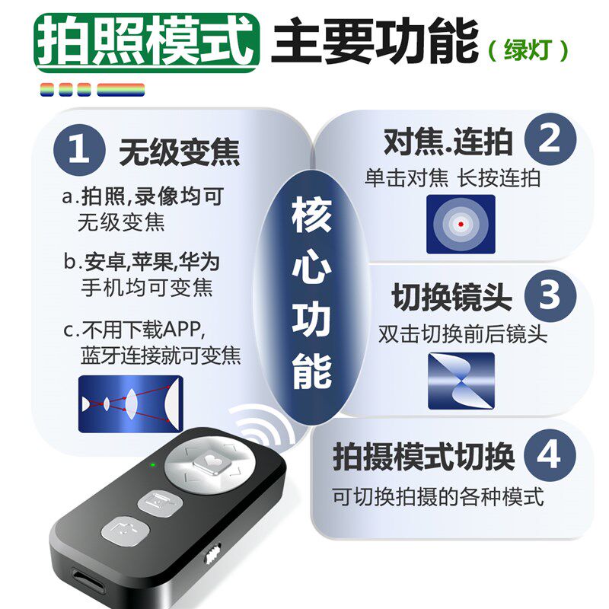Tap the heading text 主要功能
(375, 40)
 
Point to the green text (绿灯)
(528, 49)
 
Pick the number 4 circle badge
(550, 456)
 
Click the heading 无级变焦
(179, 152)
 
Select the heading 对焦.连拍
(448, 142)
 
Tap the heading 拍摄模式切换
(424, 458)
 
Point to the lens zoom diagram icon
(131, 404)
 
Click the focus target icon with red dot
(461, 224)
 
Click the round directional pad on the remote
(206, 465)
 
